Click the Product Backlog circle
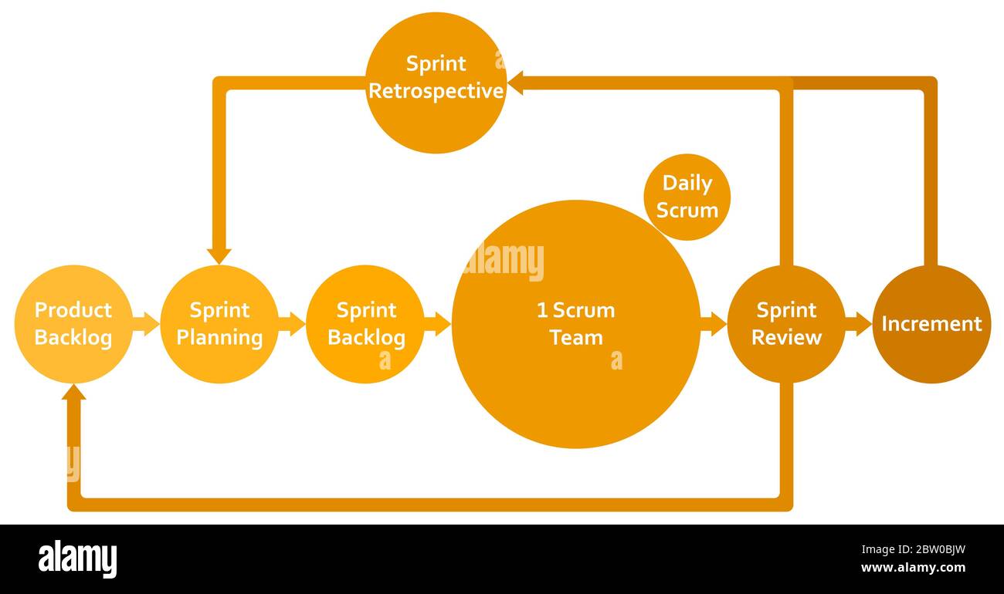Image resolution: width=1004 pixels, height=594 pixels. point(73,324)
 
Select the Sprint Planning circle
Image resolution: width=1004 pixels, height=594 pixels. point(219,324)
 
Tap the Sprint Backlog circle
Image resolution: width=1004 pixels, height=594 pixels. point(365,324)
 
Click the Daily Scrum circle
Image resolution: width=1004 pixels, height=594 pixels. point(687,197)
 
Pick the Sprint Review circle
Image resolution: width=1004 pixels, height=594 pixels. point(785,324)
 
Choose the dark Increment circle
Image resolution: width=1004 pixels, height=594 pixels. point(931,324)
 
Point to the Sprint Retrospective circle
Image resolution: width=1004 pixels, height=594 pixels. point(436,83)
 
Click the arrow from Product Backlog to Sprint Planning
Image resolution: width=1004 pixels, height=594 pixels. point(146,324)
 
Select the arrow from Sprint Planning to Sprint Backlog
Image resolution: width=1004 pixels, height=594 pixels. point(292,324)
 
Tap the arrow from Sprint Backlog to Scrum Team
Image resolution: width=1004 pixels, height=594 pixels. point(438,324)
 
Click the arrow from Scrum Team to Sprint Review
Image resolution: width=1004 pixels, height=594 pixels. point(714,324)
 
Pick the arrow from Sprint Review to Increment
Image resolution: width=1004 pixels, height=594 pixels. point(858,324)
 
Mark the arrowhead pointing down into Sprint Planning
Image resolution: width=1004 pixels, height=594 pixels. point(219,255)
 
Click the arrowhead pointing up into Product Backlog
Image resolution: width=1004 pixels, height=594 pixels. point(73,393)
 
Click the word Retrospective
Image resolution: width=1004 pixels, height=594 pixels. point(436,91)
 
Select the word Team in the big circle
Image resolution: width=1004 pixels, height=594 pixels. point(576,338)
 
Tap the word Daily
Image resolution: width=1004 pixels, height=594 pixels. point(687,184)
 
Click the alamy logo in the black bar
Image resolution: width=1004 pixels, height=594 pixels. point(77,559)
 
